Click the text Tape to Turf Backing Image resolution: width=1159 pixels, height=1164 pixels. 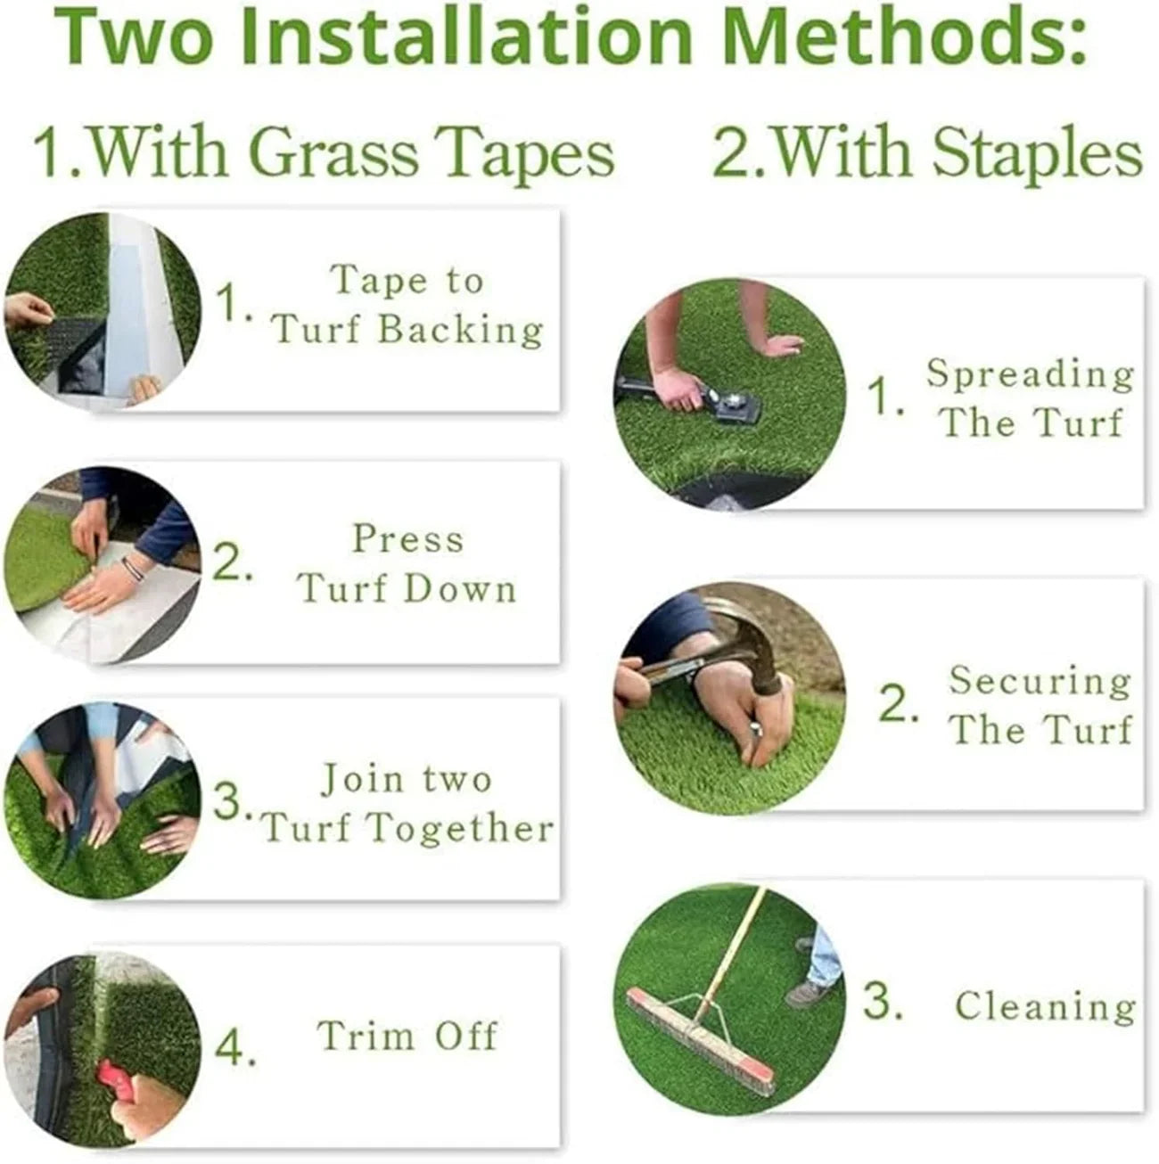(407, 305)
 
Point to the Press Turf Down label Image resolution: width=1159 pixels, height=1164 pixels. (407, 563)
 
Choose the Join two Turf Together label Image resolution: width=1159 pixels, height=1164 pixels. (407, 803)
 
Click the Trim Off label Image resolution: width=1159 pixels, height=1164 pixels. (407, 1036)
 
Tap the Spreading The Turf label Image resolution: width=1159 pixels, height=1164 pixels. (1031, 398)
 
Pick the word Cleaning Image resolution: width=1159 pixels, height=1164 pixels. (1045, 1006)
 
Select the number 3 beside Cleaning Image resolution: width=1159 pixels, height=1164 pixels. (883, 1002)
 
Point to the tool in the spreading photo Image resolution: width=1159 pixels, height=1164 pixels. (704, 401)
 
